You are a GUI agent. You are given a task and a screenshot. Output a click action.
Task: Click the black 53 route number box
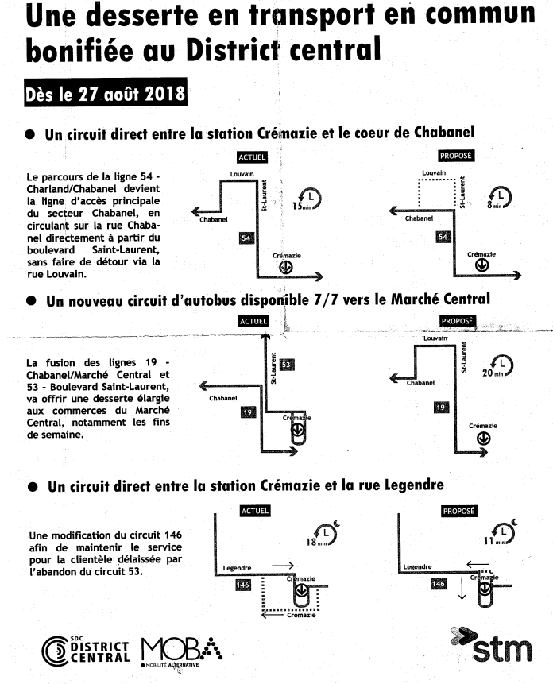coord(287,365)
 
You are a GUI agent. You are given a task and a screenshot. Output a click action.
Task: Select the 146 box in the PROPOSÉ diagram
coord(438,584)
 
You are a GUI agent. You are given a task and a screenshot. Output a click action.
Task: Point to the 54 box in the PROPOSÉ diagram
coord(444,237)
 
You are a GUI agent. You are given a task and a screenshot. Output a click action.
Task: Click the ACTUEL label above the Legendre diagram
coord(254,512)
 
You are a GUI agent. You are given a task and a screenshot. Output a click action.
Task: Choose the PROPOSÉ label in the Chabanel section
coord(457,156)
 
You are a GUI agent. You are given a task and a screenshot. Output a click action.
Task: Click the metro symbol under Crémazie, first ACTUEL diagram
coord(284,267)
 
